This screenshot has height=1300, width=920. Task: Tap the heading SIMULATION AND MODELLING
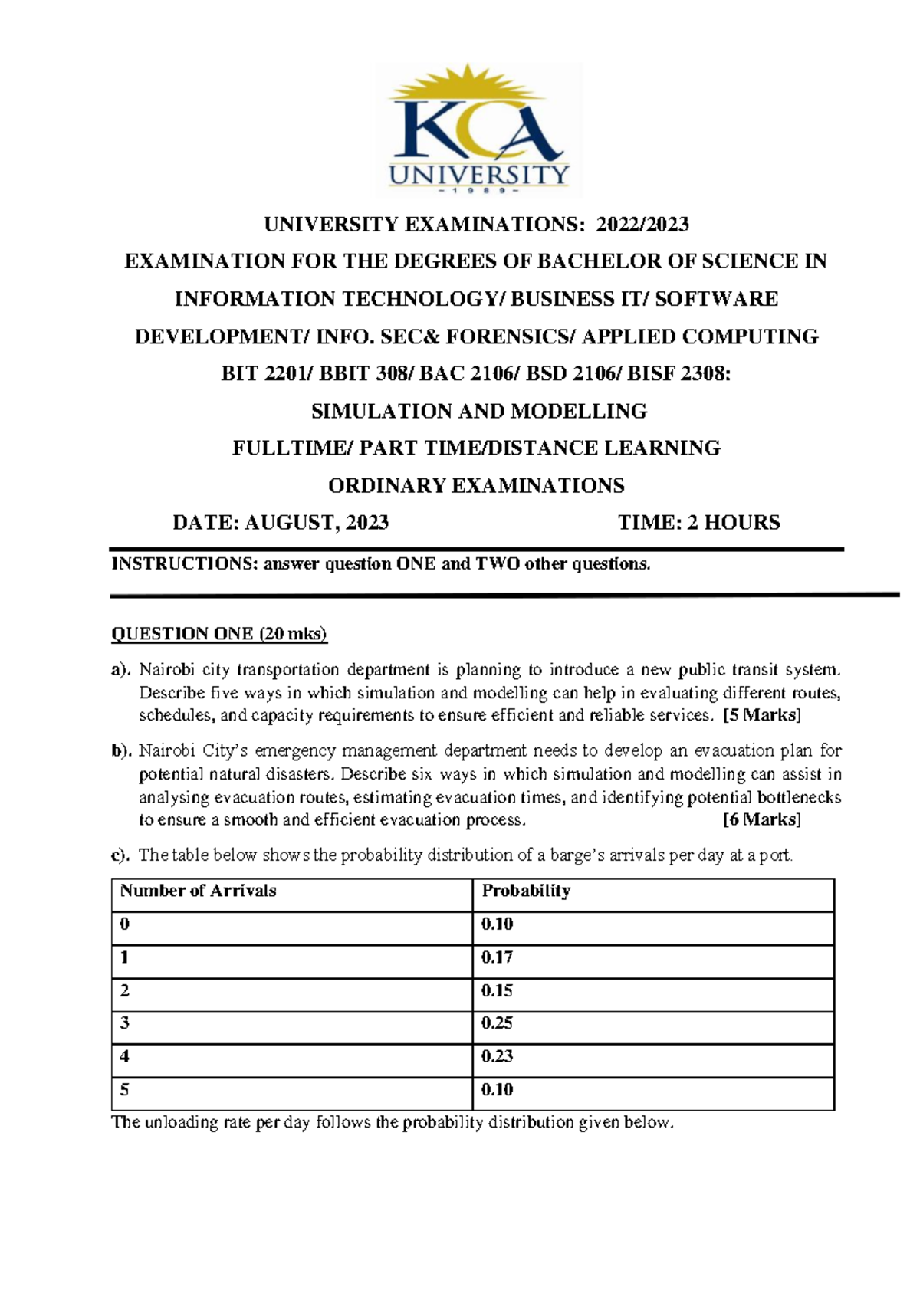(478, 412)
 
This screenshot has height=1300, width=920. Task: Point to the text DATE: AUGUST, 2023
(281, 523)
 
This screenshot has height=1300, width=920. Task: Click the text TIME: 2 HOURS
(698, 523)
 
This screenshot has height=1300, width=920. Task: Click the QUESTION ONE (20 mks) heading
(219, 634)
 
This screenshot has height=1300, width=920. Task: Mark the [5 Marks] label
(761, 716)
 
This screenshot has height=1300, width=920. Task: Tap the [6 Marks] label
(761, 820)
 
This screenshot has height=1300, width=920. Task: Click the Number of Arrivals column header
(198, 891)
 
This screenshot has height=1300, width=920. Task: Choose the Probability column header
(526, 891)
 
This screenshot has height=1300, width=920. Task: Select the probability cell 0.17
(497, 957)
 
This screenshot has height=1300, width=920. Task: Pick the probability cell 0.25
(497, 1023)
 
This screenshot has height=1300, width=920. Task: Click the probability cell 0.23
(497, 1056)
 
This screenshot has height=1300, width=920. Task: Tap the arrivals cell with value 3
(125, 1023)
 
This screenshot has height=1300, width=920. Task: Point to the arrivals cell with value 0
(125, 924)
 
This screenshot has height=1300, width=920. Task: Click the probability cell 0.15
(497, 991)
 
